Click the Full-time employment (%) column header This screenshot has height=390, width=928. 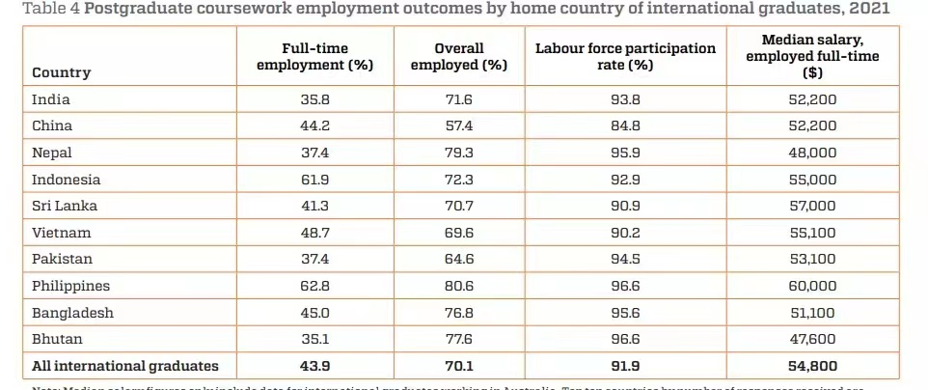coord(314,56)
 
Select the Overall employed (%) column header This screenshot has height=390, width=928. coord(459,56)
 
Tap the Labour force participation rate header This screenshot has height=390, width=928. coord(626,56)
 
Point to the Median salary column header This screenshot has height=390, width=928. coord(811,56)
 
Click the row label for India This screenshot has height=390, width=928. coord(51,98)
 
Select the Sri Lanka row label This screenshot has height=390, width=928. coord(65,206)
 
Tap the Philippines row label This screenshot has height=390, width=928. coord(71,286)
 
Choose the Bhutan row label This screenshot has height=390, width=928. coord(57,339)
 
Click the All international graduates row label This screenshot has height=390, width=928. coord(125,366)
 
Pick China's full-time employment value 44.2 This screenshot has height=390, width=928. coord(314,125)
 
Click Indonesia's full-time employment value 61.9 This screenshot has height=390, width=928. coord(314,180)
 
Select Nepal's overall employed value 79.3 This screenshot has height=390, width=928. coord(459,153)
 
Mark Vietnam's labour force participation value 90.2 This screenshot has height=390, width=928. coord(626,233)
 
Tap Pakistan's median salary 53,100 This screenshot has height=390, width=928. coord(811,260)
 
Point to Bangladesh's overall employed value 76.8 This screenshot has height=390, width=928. coord(459,313)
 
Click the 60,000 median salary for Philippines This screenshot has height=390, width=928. coord(811,286)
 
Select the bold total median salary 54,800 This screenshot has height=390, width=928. coord(811,366)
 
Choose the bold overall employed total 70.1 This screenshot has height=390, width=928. coord(459,366)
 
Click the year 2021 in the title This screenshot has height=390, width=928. coord(868,9)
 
